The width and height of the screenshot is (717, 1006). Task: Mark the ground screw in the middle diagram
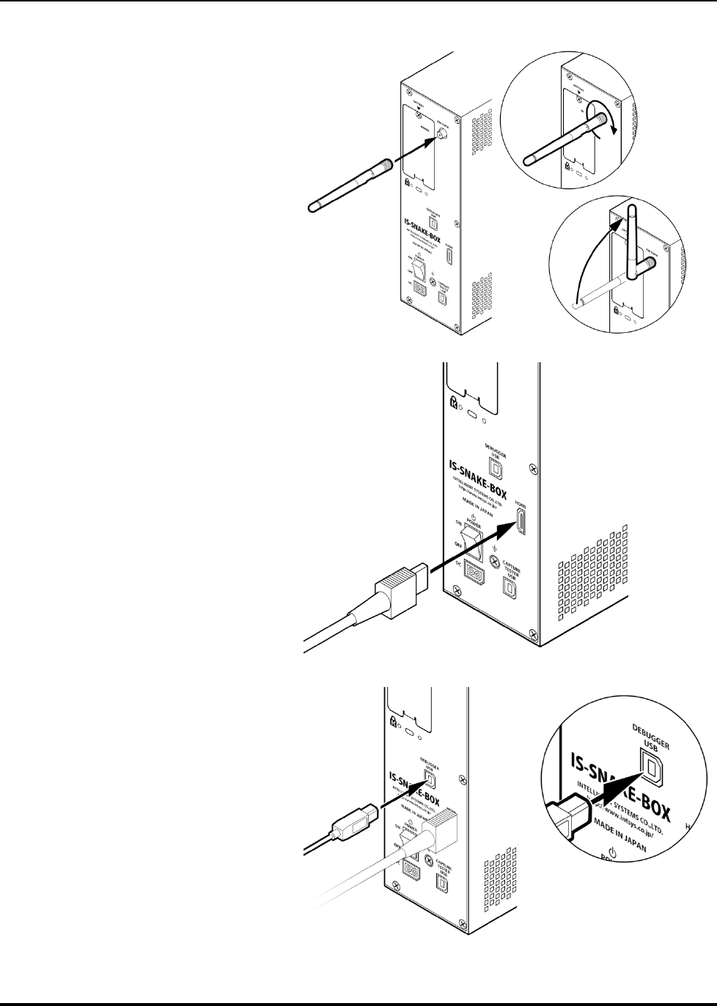[x=496, y=562]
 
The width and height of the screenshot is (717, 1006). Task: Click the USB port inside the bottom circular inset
[x=651, y=766]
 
